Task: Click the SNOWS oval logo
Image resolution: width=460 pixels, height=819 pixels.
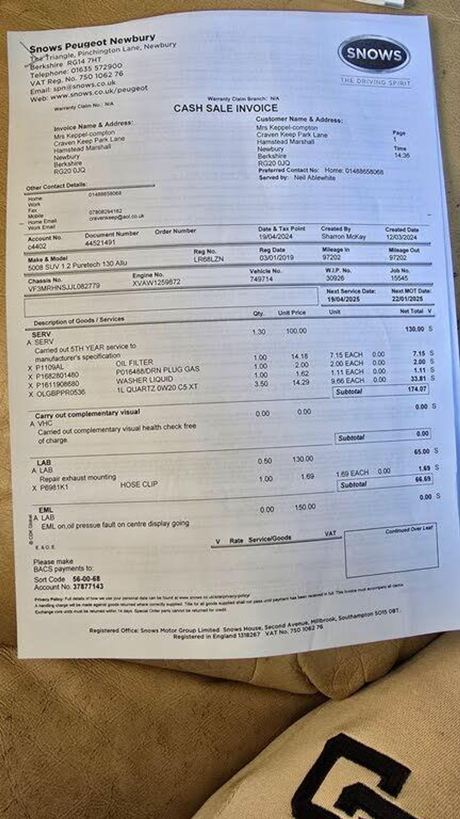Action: click(374, 54)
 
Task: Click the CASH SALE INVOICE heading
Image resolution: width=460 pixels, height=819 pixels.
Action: click(226, 108)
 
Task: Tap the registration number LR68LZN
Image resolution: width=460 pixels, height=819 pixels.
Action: click(209, 259)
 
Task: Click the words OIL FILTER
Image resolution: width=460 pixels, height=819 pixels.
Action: click(134, 363)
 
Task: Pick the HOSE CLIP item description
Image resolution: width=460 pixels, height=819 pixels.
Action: click(139, 484)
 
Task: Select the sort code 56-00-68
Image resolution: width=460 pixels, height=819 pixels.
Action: click(86, 579)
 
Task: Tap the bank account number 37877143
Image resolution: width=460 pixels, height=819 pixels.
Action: click(88, 586)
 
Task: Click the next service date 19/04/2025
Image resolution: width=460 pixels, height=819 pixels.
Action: click(343, 299)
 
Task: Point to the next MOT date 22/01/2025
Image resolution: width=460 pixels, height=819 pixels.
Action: click(407, 299)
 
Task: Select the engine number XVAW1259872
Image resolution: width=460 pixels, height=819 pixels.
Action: click(157, 282)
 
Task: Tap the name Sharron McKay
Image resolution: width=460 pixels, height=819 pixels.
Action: click(343, 236)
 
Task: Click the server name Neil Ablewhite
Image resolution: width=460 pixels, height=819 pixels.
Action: click(314, 178)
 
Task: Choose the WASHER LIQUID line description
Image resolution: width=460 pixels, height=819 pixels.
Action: click(144, 380)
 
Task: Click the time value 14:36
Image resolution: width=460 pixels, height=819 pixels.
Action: click(402, 155)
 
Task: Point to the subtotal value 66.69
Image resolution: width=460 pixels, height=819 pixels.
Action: click(423, 479)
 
